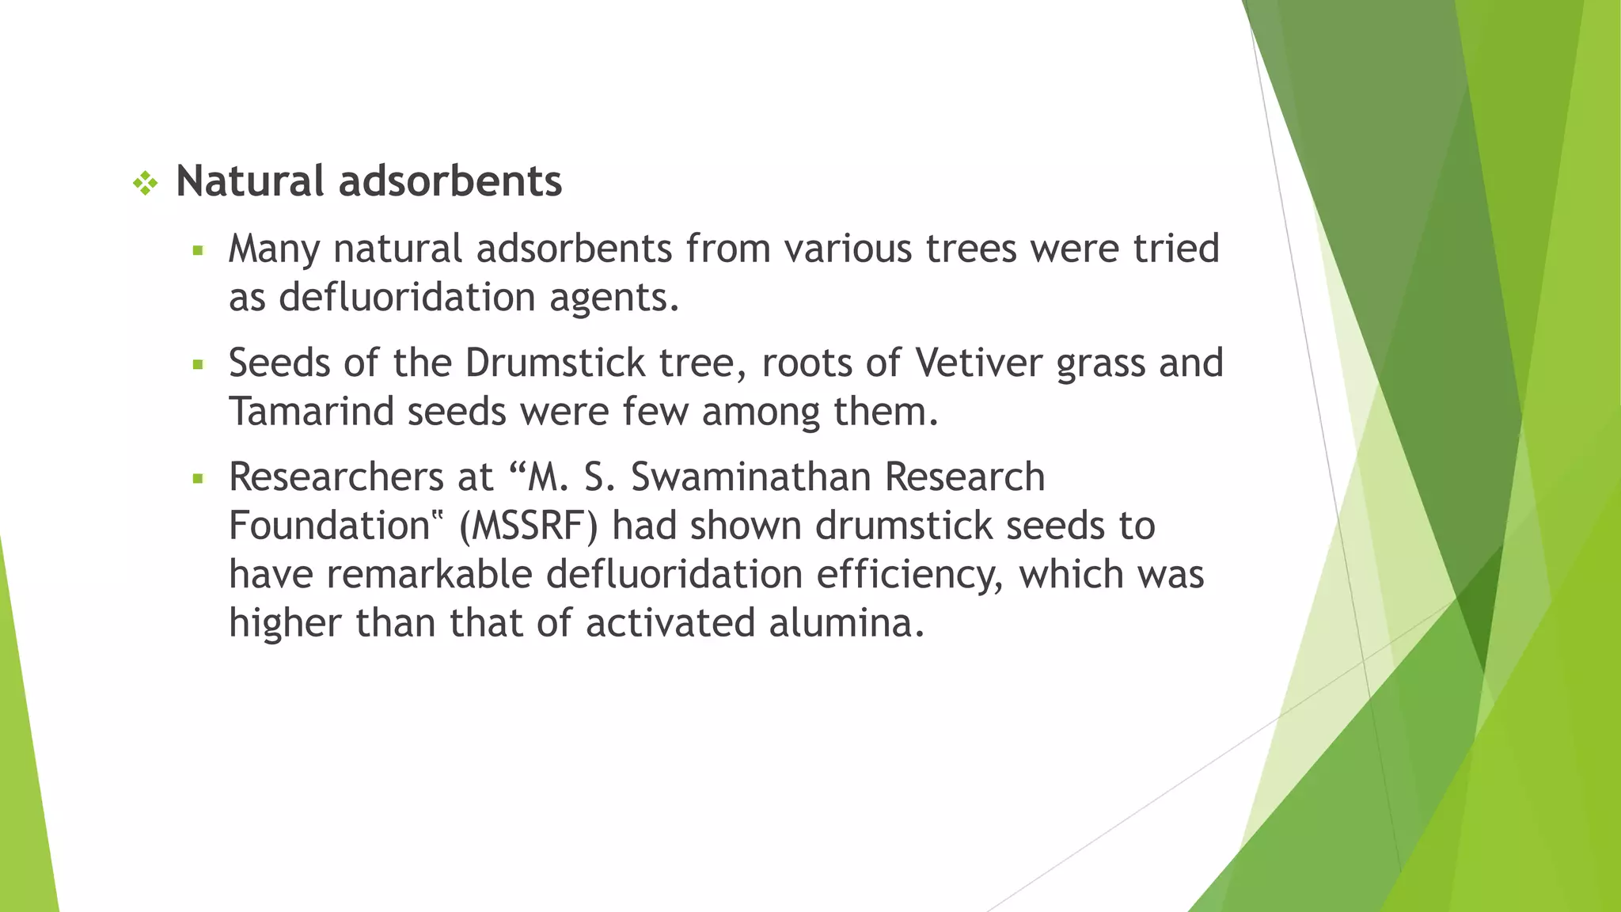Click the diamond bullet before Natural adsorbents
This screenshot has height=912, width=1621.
click(x=146, y=184)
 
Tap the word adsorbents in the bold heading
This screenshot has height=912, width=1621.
click(x=450, y=181)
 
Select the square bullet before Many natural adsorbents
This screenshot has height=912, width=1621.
click(x=198, y=252)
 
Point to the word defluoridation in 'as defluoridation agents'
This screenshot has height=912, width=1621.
click(x=407, y=298)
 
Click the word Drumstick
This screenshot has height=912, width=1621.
click(x=555, y=363)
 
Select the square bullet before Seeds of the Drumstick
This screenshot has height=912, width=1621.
click(x=198, y=366)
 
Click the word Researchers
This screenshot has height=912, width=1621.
click(x=336, y=477)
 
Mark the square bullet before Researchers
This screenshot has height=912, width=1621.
click(x=198, y=479)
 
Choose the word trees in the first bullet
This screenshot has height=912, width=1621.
click(x=971, y=249)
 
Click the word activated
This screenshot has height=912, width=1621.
click(x=670, y=623)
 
